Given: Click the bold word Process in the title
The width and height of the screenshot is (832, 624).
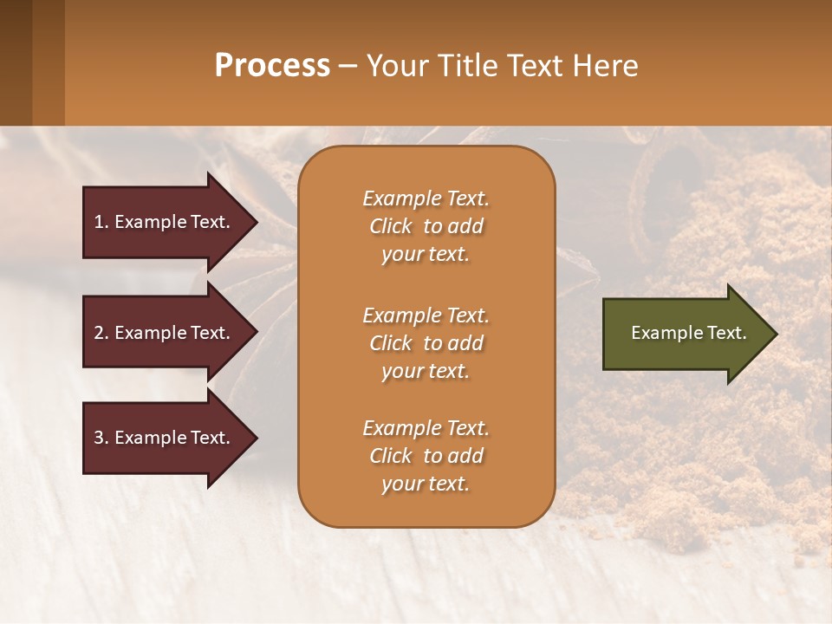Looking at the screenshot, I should pos(272,65).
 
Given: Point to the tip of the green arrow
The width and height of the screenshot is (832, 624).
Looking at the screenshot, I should pos(775,334).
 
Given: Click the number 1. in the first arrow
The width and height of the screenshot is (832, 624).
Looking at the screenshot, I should pos(101,222).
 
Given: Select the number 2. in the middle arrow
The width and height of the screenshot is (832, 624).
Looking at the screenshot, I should pos(101,333).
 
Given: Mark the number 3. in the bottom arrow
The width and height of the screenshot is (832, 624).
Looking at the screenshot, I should pos(101,438).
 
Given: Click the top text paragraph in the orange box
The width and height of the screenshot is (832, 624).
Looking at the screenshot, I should pos(426,226).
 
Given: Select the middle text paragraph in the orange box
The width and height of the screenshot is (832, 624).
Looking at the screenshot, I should pos(426,342).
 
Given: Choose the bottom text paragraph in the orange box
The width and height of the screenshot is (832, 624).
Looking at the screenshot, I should pos(426,456).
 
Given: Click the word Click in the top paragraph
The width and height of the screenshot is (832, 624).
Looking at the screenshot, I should pos(390,226).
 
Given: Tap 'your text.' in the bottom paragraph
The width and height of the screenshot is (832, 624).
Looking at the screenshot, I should pos(426,484).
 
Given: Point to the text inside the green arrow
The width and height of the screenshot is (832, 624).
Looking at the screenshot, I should pos(688,333).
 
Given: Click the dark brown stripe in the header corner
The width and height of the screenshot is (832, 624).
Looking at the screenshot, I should pos(16,62).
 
